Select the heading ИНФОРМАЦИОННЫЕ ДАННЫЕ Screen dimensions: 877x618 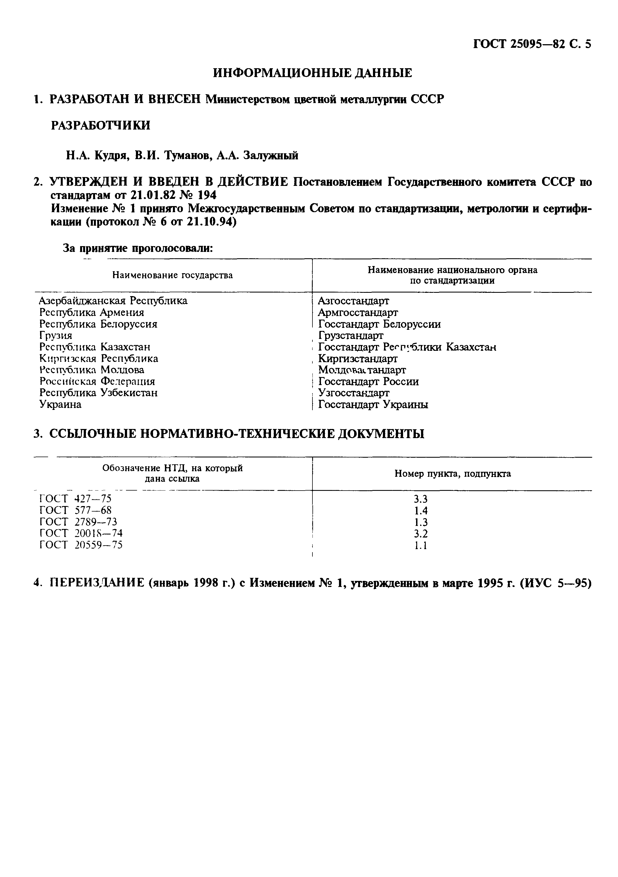coord(312,73)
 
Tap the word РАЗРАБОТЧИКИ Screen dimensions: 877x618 coord(101,125)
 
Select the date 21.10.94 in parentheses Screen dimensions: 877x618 coord(209,222)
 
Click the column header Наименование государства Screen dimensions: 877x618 coord(172,275)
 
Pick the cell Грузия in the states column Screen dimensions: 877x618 coord(56,335)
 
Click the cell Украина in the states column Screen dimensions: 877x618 coord(60,404)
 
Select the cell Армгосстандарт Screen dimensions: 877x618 coord(358,312)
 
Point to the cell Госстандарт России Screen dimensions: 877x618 coord(369,381)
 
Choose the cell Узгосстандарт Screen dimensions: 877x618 coord(354,393)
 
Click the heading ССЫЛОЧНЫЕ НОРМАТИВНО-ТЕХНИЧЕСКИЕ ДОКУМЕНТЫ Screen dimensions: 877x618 coord(237,434)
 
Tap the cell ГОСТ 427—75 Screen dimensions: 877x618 coord(75,499)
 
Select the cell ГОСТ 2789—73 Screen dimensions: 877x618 coord(78,522)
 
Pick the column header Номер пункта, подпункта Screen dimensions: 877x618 coord(452,474)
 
